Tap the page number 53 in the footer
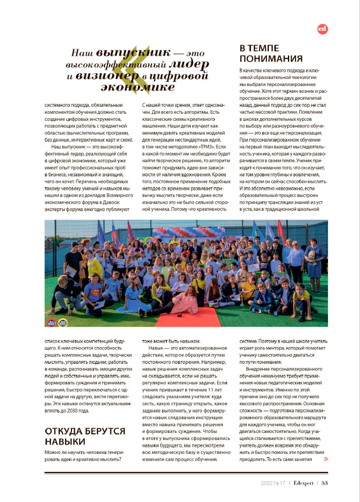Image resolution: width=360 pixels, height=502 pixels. [x=325, y=482]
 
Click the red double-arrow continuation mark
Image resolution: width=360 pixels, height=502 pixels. [x=325, y=458]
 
